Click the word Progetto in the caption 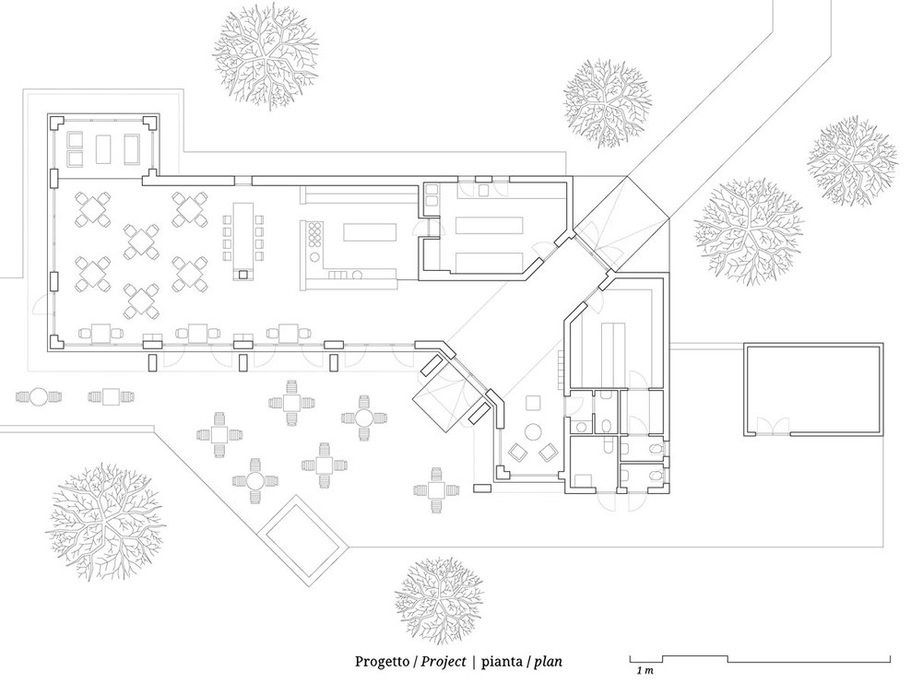[x=382, y=661]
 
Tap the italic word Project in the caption [x=444, y=661]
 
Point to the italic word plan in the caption [x=548, y=662]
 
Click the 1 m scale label [x=645, y=671]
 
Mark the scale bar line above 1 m [x=761, y=659]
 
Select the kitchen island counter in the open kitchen [x=370, y=232]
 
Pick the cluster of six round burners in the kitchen [x=314, y=234]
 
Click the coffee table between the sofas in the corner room [x=104, y=150]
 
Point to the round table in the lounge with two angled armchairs [x=533, y=431]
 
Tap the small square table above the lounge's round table [x=533, y=403]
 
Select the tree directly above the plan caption [x=439, y=597]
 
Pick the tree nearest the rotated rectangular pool [x=104, y=521]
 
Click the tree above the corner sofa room [x=266, y=59]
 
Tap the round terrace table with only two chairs [x=39, y=397]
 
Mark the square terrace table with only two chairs [x=112, y=397]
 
